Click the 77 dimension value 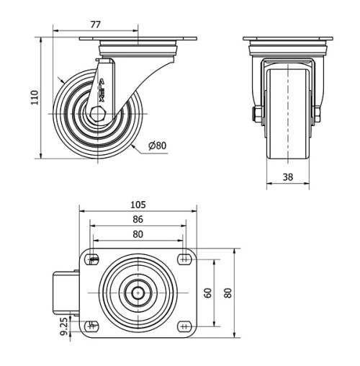tap(94, 24)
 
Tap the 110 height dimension tap(32, 97)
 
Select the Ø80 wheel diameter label tap(157, 146)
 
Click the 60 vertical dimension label tap(208, 293)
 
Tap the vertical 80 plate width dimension tap(228, 293)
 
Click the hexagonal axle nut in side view tap(99, 115)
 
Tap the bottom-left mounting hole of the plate tap(93, 326)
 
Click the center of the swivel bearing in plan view tap(138, 293)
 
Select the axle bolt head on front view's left tap(256, 114)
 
